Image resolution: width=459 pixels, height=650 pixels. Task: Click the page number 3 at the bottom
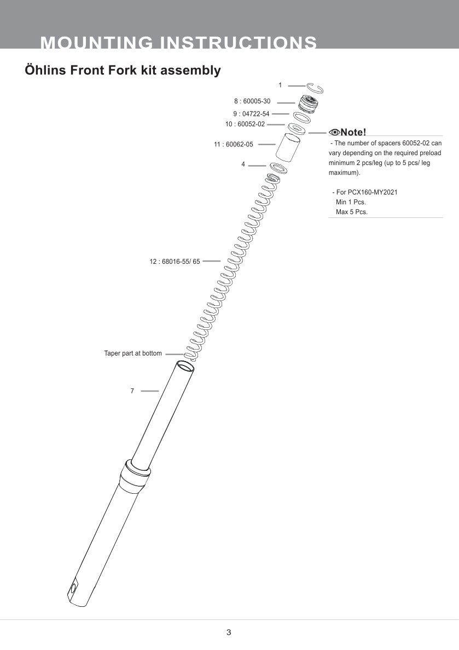click(229, 633)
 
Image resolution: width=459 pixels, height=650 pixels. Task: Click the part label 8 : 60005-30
click(252, 102)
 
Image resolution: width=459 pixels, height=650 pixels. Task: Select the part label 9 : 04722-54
click(252, 114)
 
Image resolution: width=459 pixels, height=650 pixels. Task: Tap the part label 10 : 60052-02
click(245, 124)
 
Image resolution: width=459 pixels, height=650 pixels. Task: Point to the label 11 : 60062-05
click(234, 145)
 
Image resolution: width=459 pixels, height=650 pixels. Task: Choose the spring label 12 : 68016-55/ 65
click(175, 262)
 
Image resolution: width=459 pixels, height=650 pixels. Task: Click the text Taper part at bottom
click(133, 353)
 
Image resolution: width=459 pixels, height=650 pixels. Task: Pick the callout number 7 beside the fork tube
click(132, 391)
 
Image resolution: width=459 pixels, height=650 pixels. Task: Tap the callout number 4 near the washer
click(243, 164)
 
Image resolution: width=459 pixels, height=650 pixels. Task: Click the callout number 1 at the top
click(280, 85)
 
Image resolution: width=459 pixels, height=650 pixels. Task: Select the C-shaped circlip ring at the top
click(316, 88)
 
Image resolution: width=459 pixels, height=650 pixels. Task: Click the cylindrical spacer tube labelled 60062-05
click(288, 147)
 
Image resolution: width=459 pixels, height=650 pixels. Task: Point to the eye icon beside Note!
click(334, 132)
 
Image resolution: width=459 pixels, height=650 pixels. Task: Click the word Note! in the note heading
click(353, 132)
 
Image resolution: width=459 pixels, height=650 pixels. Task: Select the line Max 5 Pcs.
click(351, 212)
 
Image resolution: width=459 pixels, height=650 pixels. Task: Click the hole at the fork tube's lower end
click(72, 589)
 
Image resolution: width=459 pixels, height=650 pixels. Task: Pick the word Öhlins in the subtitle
click(46, 70)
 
